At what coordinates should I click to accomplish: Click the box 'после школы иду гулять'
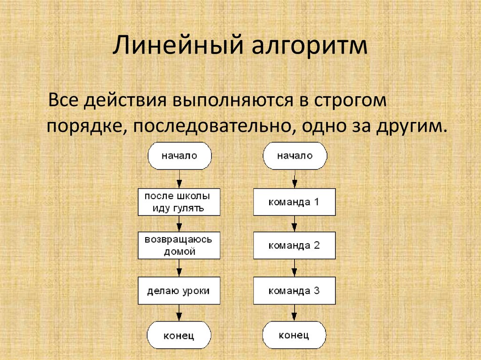179,202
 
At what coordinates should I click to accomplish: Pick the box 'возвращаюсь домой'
179,245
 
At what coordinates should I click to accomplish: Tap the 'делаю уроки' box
179,291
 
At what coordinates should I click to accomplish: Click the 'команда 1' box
294,202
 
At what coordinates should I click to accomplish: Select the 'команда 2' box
294,246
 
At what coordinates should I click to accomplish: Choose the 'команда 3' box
294,291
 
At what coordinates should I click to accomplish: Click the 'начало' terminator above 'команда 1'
294,156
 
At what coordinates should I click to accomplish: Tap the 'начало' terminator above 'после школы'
179,156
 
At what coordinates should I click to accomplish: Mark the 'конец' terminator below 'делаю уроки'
179,335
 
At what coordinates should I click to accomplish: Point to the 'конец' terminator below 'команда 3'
294,335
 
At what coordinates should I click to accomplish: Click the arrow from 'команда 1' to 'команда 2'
294,224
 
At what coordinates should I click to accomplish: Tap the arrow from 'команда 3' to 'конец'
294,313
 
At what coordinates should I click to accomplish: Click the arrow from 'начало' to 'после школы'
179,179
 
